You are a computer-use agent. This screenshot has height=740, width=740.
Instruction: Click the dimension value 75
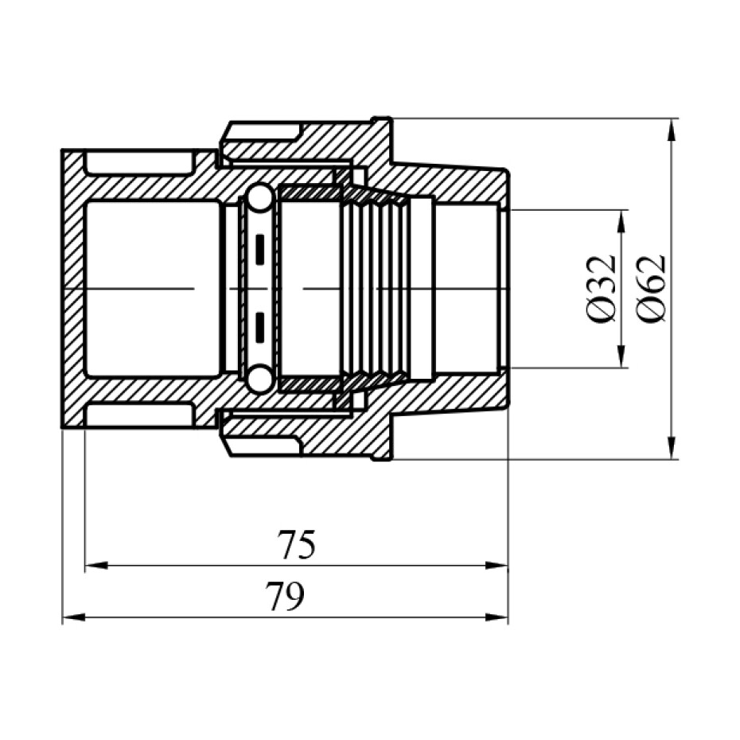click(297, 546)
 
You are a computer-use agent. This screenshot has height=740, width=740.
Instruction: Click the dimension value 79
click(285, 597)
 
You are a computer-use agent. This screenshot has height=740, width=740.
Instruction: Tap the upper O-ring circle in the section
click(259, 199)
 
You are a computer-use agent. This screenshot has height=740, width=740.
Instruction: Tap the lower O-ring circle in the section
click(259, 379)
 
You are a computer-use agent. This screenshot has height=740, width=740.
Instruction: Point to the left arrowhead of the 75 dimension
click(94, 566)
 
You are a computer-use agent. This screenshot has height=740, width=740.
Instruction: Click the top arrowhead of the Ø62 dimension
click(674, 128)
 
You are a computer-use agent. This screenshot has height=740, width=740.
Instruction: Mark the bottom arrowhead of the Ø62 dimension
click(674, 450)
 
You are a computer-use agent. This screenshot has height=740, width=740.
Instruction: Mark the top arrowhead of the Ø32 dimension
click(621, 220)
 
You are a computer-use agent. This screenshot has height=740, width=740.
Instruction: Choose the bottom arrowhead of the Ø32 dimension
click(621, 360)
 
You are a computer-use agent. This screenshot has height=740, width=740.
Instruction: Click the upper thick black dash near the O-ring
click(259, 250)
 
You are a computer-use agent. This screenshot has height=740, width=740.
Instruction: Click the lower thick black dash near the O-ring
click(259, 325)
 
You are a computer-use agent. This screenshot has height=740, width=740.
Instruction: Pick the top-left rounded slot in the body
click(139, 162)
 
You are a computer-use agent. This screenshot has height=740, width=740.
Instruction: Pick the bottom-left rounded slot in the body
click(139, 415)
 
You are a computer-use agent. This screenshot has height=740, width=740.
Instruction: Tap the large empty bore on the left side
click(151, 288)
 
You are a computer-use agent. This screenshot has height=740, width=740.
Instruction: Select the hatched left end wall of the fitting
click(72, 288)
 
